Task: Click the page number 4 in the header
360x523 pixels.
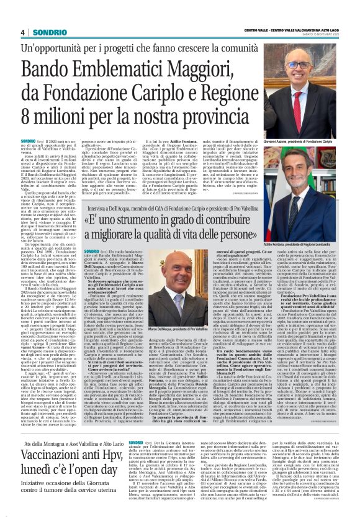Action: (x=22, y=32)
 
